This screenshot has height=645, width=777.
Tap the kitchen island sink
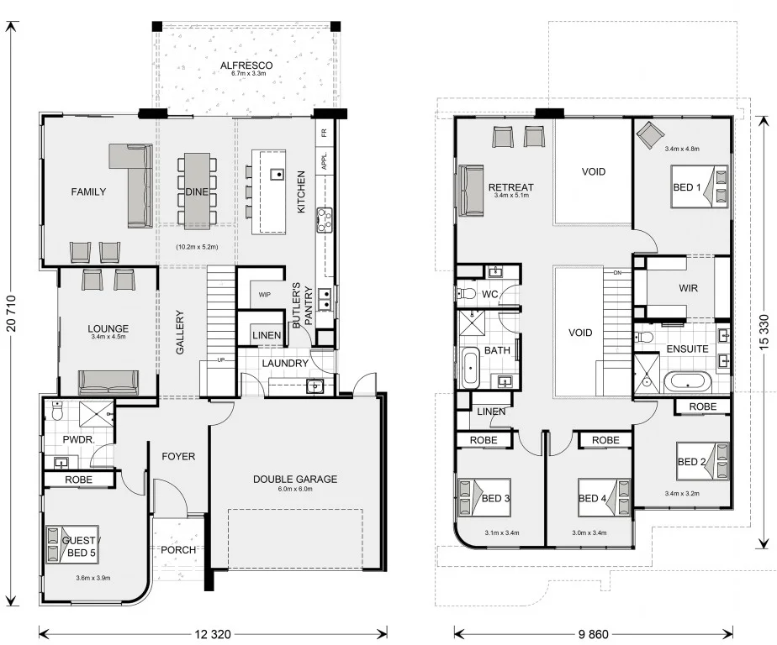[x=276, y=175]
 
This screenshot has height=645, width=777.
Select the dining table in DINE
[x=197, y=191]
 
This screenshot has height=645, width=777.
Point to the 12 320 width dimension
[x=213, y=633]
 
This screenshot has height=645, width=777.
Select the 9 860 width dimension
[x=593, y=633]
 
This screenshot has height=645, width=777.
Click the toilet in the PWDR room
[x=56, y=412]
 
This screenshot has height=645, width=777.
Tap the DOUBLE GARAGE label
[x=294, y=480]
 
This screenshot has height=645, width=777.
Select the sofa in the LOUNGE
[x=108, y=382]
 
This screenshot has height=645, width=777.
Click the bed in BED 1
[x=700, y=186]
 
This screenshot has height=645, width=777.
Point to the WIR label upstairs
[x=689, y=288]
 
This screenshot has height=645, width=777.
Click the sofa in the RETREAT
[x=468, y=187]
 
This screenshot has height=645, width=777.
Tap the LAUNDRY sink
[x=314, y=386]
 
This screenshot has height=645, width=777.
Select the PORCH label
[x=178, y=551]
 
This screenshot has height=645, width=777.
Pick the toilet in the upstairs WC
[x=466, y=294]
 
